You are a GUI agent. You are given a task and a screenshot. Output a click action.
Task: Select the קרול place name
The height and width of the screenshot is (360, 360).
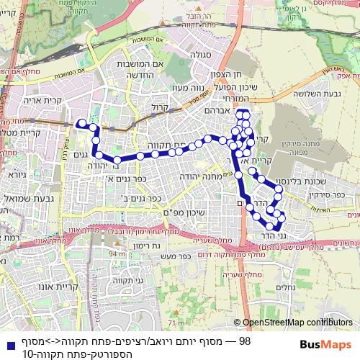[159, 108]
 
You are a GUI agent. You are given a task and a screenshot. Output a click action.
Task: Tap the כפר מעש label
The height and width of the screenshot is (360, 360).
[175, 255]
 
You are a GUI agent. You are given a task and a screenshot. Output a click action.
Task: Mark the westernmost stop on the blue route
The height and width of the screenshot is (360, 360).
[81, 122]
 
